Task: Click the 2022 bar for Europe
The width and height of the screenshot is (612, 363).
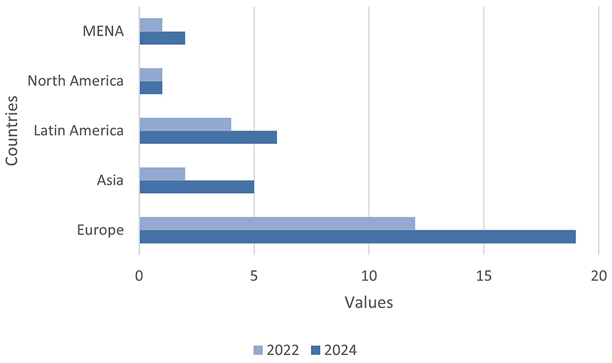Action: tap(277, 223)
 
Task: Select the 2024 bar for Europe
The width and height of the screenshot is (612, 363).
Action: tap(357, 237)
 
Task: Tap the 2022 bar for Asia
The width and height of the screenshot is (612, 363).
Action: tap(162, 174)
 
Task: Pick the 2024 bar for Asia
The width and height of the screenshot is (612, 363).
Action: tap(196, 187)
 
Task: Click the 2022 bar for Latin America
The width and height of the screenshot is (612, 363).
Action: tap(185, 124)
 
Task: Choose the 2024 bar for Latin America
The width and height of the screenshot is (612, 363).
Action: tap(208, 137)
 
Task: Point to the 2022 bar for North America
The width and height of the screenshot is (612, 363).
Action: tap(151, 75)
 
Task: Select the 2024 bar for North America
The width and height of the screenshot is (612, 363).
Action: tap(151, 88)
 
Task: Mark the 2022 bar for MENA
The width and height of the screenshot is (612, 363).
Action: tap(151, 25)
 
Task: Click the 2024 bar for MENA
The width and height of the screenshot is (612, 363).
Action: tap(162, 38)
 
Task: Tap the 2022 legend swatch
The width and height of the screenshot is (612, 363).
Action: tap(258, 350)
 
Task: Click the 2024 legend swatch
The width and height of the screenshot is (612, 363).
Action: tap(316, 350)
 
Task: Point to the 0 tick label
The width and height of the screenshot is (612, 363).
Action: tap(140, 276)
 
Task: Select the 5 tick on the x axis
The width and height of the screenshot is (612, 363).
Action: tap(254, 276)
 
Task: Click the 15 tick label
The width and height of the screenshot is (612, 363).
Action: tap(483, 276)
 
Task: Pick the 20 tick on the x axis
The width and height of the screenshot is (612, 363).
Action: tap(599, 276)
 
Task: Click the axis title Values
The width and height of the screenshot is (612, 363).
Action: tap(369, 302)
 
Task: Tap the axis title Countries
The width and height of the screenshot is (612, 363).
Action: tap(12, 131)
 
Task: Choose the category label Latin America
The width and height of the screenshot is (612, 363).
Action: tap(79, 130)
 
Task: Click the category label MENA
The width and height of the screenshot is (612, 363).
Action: tap(103, 31)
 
